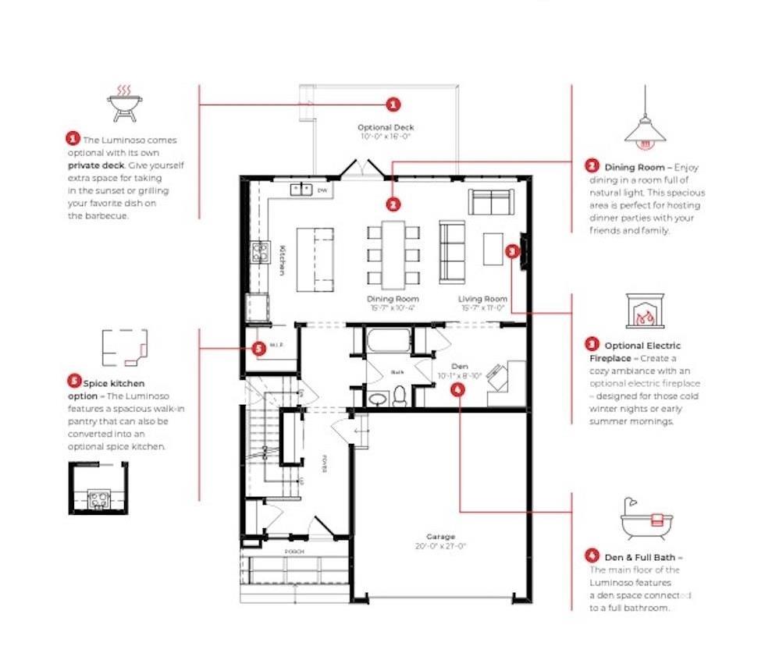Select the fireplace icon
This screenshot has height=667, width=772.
pyautogui.click(x=644, y=310)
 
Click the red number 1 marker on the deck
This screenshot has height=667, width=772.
pyautogui.click(x=393, y=104)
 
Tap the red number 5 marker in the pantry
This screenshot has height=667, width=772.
pyautogui.click(x=260, y=349)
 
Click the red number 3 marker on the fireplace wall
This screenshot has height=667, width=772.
pyautogui.click(x=511, y=251)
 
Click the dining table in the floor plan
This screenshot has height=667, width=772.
pyautogui.click(x=393, y=252)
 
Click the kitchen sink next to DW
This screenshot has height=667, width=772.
pyautogui.click(x=301, y=190)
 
